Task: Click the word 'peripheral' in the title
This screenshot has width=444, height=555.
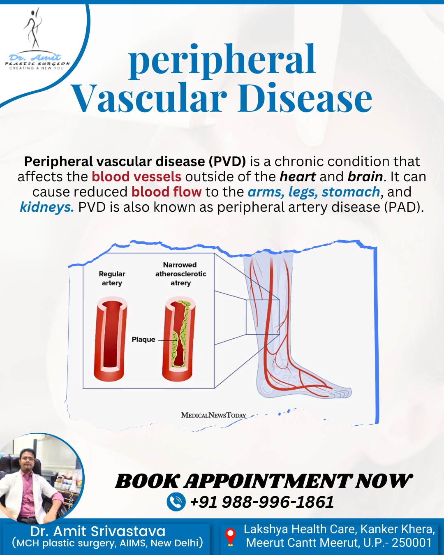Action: (222, 62)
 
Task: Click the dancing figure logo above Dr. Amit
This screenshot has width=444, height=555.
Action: (33, 30)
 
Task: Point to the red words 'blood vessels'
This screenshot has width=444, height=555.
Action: (136, 177)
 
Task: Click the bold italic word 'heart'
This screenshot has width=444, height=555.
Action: (298, 177)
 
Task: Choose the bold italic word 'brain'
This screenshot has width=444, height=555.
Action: (365, 177)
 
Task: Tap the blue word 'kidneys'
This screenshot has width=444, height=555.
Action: (46, 207)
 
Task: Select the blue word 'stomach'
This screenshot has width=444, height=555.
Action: (351, 192)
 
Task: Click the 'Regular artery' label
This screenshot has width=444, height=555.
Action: (112, 278)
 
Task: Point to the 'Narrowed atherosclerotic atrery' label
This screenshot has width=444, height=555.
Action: (180, 274)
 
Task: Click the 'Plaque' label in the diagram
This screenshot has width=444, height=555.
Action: (143, 340)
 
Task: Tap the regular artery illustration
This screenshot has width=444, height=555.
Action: (111, 338)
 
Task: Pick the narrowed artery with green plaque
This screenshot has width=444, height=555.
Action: (178, 338)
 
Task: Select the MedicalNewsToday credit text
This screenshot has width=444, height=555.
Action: (214, 415)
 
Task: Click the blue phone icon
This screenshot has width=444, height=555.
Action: (176, 502)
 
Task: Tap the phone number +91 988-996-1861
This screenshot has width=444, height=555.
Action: (262, 502)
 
